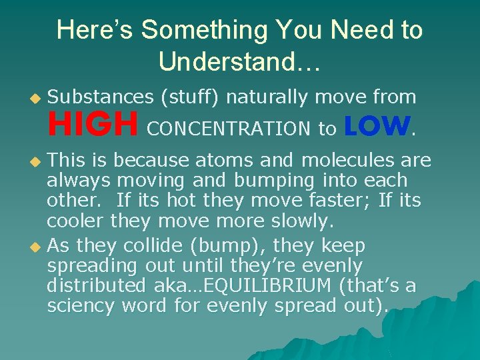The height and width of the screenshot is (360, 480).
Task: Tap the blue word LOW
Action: (377, 125)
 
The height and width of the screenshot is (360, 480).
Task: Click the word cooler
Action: (76, 220)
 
